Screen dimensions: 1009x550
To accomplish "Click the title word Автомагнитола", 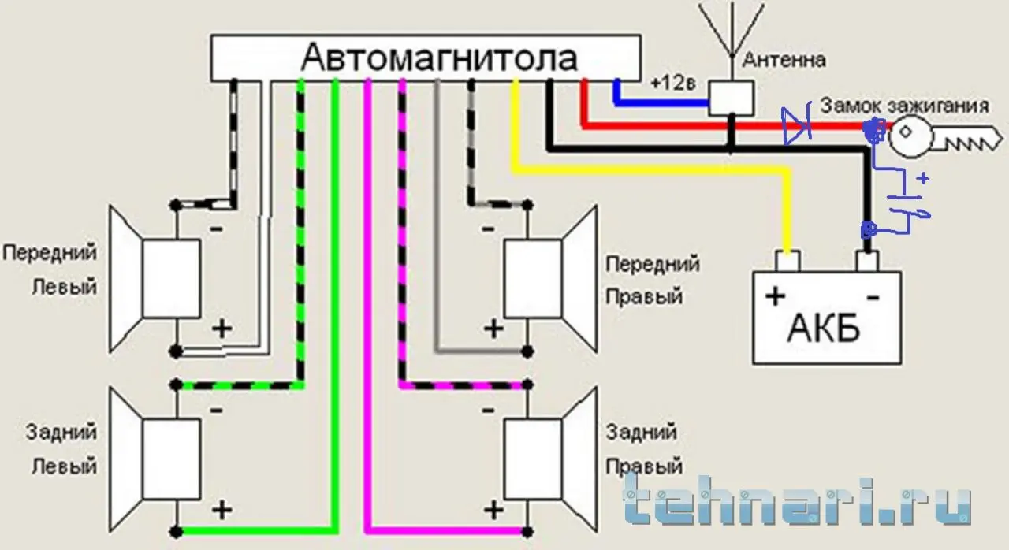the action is coord(439,58).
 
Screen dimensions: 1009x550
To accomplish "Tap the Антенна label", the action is coord(784,60).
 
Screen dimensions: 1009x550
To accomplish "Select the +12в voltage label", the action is coord(673,83).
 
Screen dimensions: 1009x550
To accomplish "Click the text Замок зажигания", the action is coord(904,106).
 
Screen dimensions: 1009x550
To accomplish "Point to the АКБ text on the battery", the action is coord(824,328).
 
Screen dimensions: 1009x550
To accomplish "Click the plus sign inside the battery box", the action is coord(775,296).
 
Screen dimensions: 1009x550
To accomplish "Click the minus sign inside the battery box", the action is coord(873,297).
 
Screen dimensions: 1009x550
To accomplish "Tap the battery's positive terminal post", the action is coord(787,262).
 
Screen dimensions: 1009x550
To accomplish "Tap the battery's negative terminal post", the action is coord(867,262).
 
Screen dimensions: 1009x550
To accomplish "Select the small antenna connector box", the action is coord(731,98).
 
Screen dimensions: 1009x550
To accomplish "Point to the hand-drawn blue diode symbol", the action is coord(796,125).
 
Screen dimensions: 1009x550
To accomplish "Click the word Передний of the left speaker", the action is coord(50,253).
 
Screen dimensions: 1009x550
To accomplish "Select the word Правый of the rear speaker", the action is coord(644,466).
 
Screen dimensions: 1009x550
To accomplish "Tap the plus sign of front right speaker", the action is coord(493,329).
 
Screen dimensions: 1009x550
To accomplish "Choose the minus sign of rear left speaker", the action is coord(217,410).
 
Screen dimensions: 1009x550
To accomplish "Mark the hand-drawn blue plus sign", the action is coord(923,178).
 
